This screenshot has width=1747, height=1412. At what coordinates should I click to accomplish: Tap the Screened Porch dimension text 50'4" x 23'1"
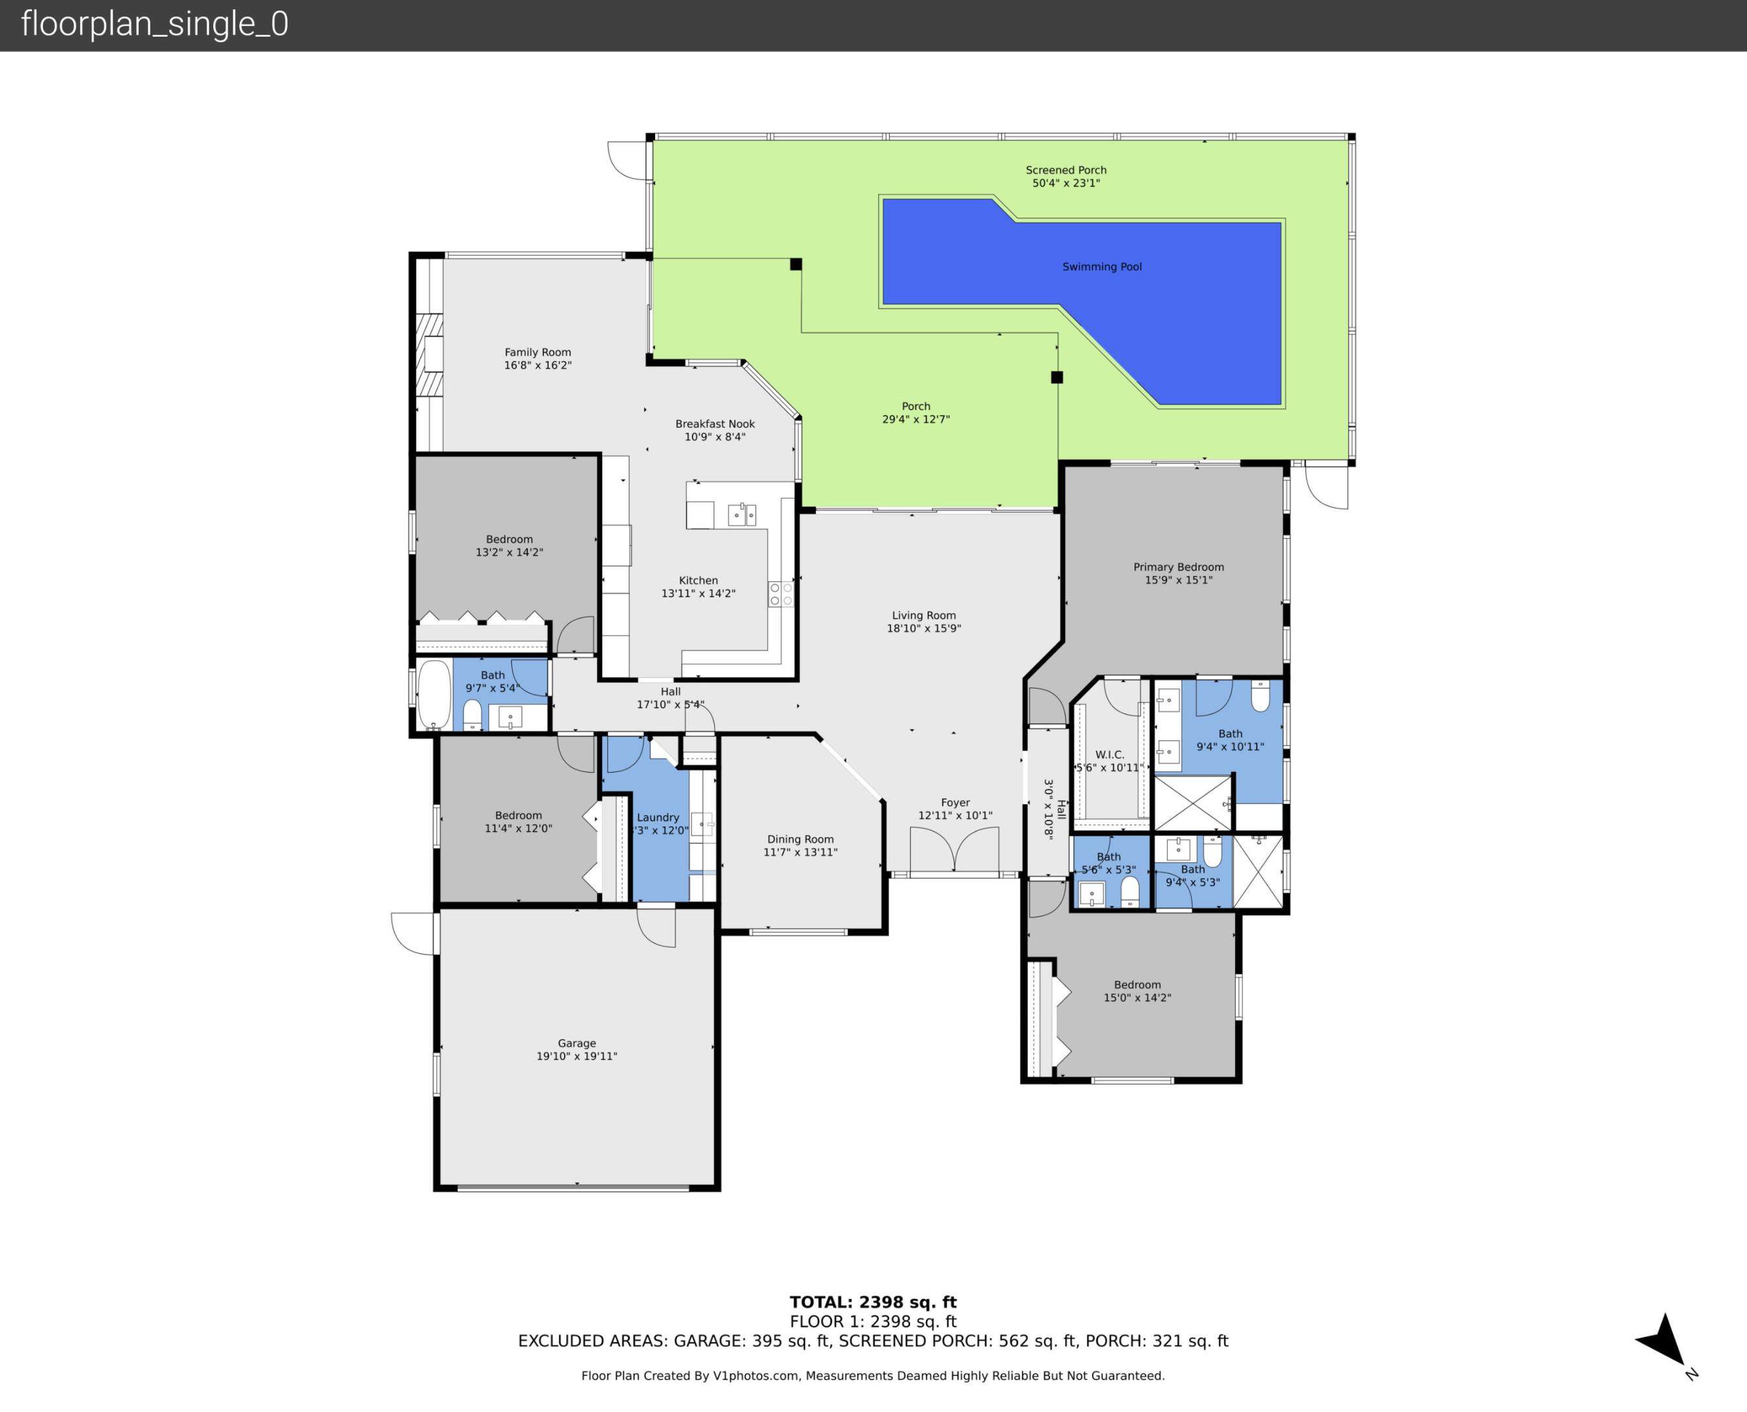pyautogui.click(x=1066, y=184)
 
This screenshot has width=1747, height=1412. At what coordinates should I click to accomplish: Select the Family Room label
pyautogui.click(x=537, y=352)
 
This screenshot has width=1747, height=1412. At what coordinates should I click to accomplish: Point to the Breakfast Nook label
pyautogui.click(x=714, y=424)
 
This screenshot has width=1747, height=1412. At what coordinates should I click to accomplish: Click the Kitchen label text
pyautogui.click(x=698, y=580)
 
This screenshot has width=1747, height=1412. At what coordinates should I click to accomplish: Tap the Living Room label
pyautogui.click(x=923, y=616)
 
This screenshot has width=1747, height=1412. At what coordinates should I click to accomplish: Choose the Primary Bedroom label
pyautogui.click(x=1178, y=567)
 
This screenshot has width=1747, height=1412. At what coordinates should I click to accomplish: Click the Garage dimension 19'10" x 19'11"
pyautogui.click(x=576, y=1056)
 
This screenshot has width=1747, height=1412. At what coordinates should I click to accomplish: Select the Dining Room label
pyautogui.click(x=800, y=839)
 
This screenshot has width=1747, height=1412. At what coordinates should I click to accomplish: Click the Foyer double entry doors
pyautogui.click(x=954, y=850)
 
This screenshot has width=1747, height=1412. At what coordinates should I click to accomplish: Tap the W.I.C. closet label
pyautogui.click(x=1109, y=755)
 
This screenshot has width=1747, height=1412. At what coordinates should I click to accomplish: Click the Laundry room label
pyautogui.click(x=657, y=817)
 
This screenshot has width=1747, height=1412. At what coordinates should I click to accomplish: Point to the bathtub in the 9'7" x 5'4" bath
pyautogui.click(x=433, y=694)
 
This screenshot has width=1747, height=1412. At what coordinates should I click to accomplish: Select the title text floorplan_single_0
pyautogui.click(x=154, y=24)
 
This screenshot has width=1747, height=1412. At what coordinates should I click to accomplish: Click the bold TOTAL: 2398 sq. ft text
pyautogui.click(x=873, y=1302)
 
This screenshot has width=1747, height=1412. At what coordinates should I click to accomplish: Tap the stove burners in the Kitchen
pyautogui.click(x=780, y=594)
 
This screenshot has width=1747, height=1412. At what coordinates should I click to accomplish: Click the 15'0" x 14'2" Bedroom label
pyautogui.click(x=1136, y=985)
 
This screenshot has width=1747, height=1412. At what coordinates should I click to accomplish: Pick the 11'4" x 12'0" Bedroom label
pyautogui.click(x=518, y=816)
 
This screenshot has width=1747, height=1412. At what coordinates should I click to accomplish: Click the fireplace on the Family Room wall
pyautogui.click(x=430, y=354)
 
